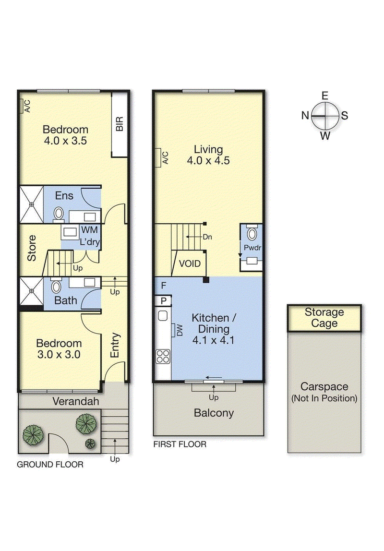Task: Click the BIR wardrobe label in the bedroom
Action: pos(120,124)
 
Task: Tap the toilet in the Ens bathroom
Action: pos(59,215)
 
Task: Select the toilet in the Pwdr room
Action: pos(252,232)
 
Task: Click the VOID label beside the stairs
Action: pos(190,264)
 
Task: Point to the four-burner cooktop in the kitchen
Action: pos(163,356)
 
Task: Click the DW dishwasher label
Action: pos(180,330)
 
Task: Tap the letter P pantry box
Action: pos(163,301)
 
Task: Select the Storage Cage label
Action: pos(324,317)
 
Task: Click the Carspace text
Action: pos(324,386)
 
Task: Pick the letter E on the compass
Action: pos(325,96)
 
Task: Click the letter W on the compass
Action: pos(325,136)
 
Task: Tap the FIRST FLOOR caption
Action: pos(180,444)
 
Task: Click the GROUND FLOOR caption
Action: pos(50,465)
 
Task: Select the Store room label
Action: pos(32,248)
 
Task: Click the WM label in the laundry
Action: pos(90,230)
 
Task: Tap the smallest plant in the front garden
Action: pos(90,443)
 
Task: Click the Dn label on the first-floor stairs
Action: pos(207,237)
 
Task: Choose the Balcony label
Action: pos(214,413)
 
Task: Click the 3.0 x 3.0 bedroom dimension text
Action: pos(59,354)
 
